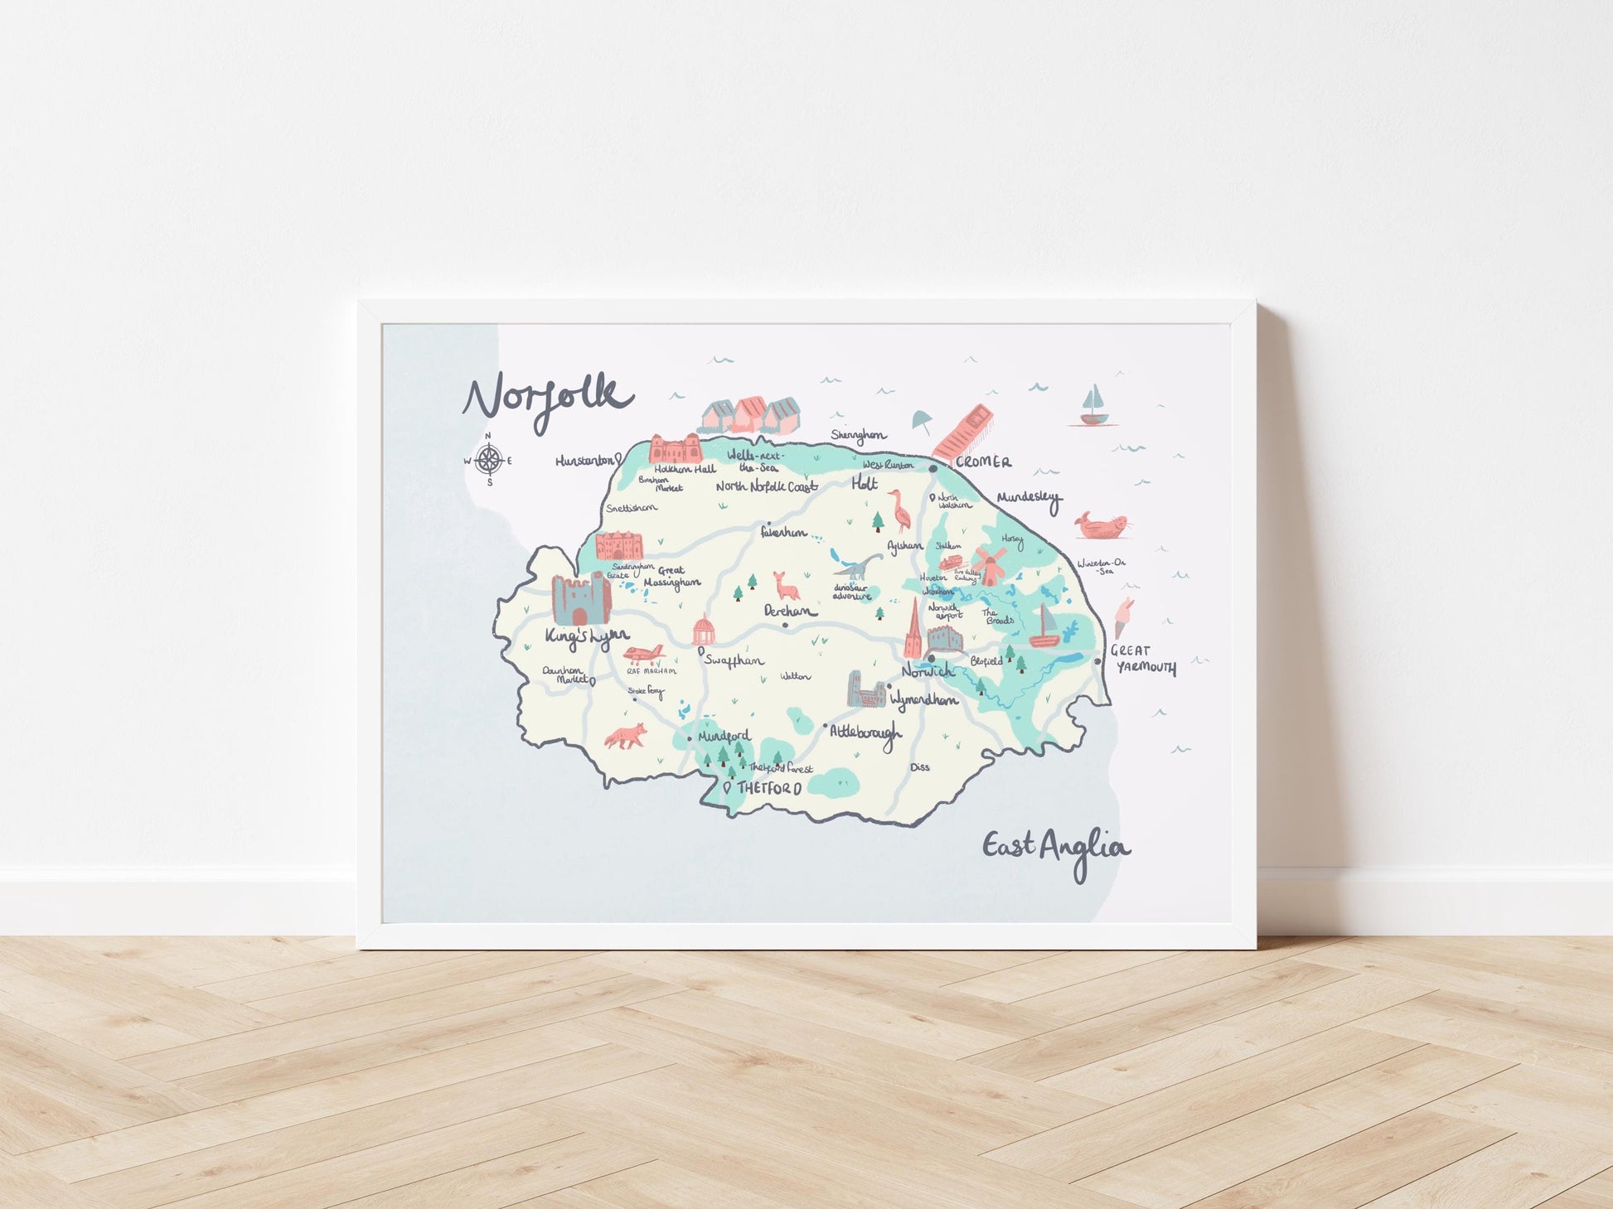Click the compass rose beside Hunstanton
point(489,460)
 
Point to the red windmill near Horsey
point(988,564)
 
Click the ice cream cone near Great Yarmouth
point(1124,617)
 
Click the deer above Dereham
point(784,586)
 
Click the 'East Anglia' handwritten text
point(1055,849)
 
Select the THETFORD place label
point(769,788)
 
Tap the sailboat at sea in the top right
point(1095,406)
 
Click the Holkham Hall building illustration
point(676,448)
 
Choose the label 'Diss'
point(920,767)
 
